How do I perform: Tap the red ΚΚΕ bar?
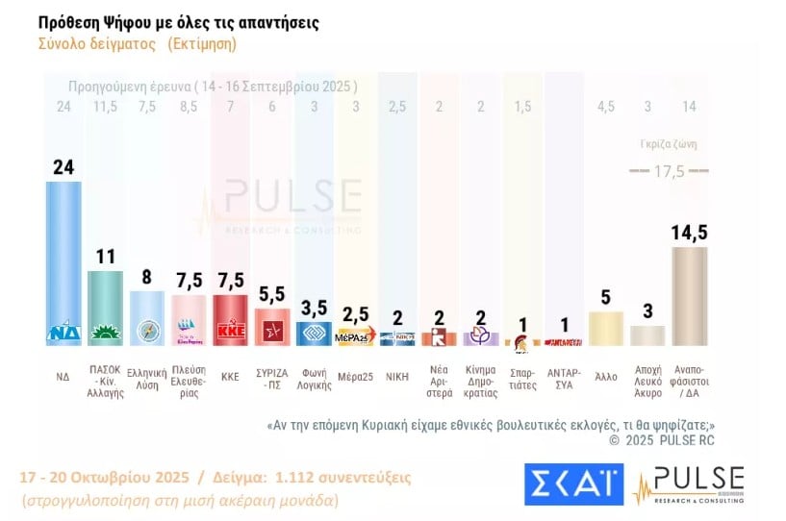pyautogui.click(x=229, y=319)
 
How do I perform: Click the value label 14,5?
pyautogui.click(x=690, y=233)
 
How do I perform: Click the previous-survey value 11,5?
pyautogui.click(x=105, y=106)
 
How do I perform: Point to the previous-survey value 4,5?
pyautogui.click(x=606, y=106)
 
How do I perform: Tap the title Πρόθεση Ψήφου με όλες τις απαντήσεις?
pyautogui.click(x=179, y=21)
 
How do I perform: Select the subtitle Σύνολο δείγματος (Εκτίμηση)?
pyautogui.click(x=137, y=43)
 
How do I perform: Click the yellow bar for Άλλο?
pyautogui.click(x=606, y=328)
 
